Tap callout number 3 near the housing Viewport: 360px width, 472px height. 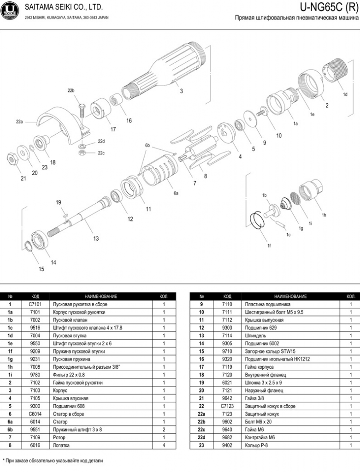coord(181,91)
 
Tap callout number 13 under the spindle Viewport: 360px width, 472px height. coord(96,238)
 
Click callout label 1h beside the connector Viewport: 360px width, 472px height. coord(324,215)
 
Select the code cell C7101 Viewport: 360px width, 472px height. coord(35,304)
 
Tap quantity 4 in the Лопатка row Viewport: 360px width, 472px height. coord(163,445)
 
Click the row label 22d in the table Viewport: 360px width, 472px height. coord(201,437)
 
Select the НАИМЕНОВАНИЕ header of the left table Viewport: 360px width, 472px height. coord(100,296)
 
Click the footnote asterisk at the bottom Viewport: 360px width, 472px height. coord(4,460)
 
